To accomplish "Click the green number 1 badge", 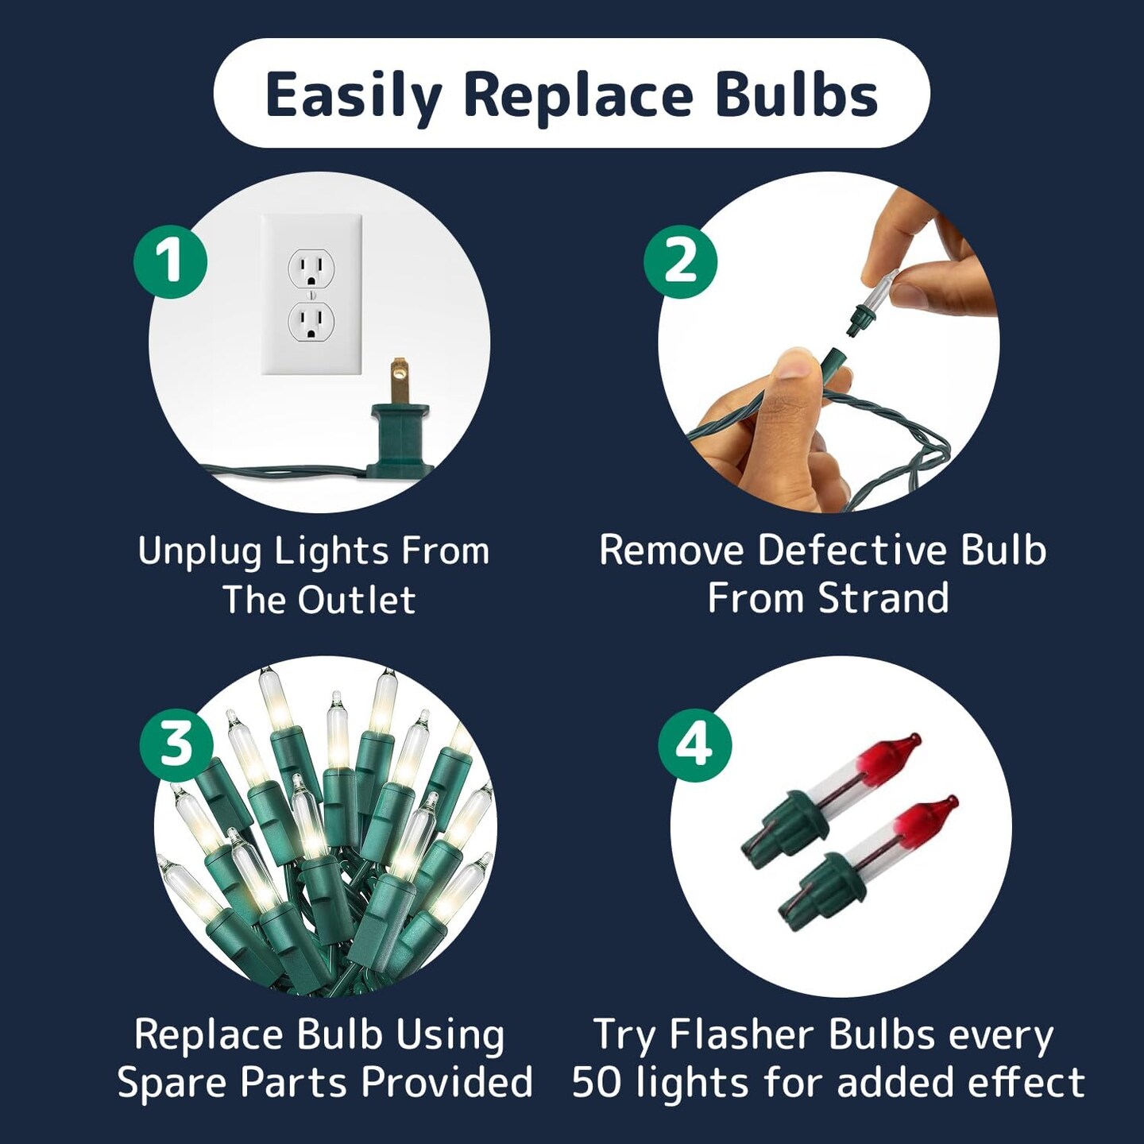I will click(x=170, y=261).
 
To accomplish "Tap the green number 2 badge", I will click(x=680, y=261).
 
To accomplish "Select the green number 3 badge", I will click(x=176, y=744).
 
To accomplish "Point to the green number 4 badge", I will click(x=694, y=744).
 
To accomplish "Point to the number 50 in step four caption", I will click(x=597, y=1082).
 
